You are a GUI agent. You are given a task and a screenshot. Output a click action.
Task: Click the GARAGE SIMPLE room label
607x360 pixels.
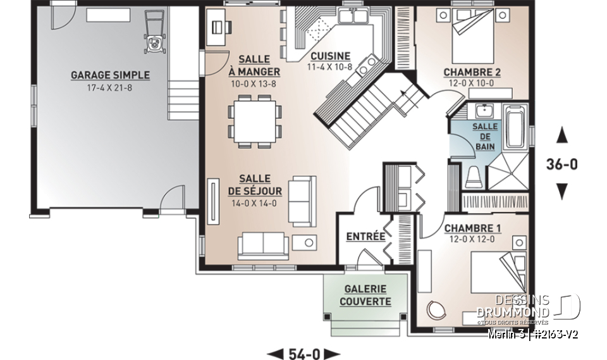coord(110,75)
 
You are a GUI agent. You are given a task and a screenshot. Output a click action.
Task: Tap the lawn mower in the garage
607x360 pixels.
coord(154,34)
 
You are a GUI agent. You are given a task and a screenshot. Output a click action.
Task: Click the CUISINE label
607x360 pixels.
coord(329,56)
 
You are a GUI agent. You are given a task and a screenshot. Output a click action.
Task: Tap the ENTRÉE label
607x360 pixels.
coord(365,237)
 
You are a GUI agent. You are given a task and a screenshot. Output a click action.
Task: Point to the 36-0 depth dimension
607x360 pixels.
coord(561,164)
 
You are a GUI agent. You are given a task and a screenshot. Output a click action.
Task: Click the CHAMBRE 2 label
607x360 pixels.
coord(472,71)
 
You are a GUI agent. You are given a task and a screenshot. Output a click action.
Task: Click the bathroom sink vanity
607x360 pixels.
coord(485,112)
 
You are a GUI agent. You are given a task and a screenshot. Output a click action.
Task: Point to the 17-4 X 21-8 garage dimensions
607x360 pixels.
coord(110,87)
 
